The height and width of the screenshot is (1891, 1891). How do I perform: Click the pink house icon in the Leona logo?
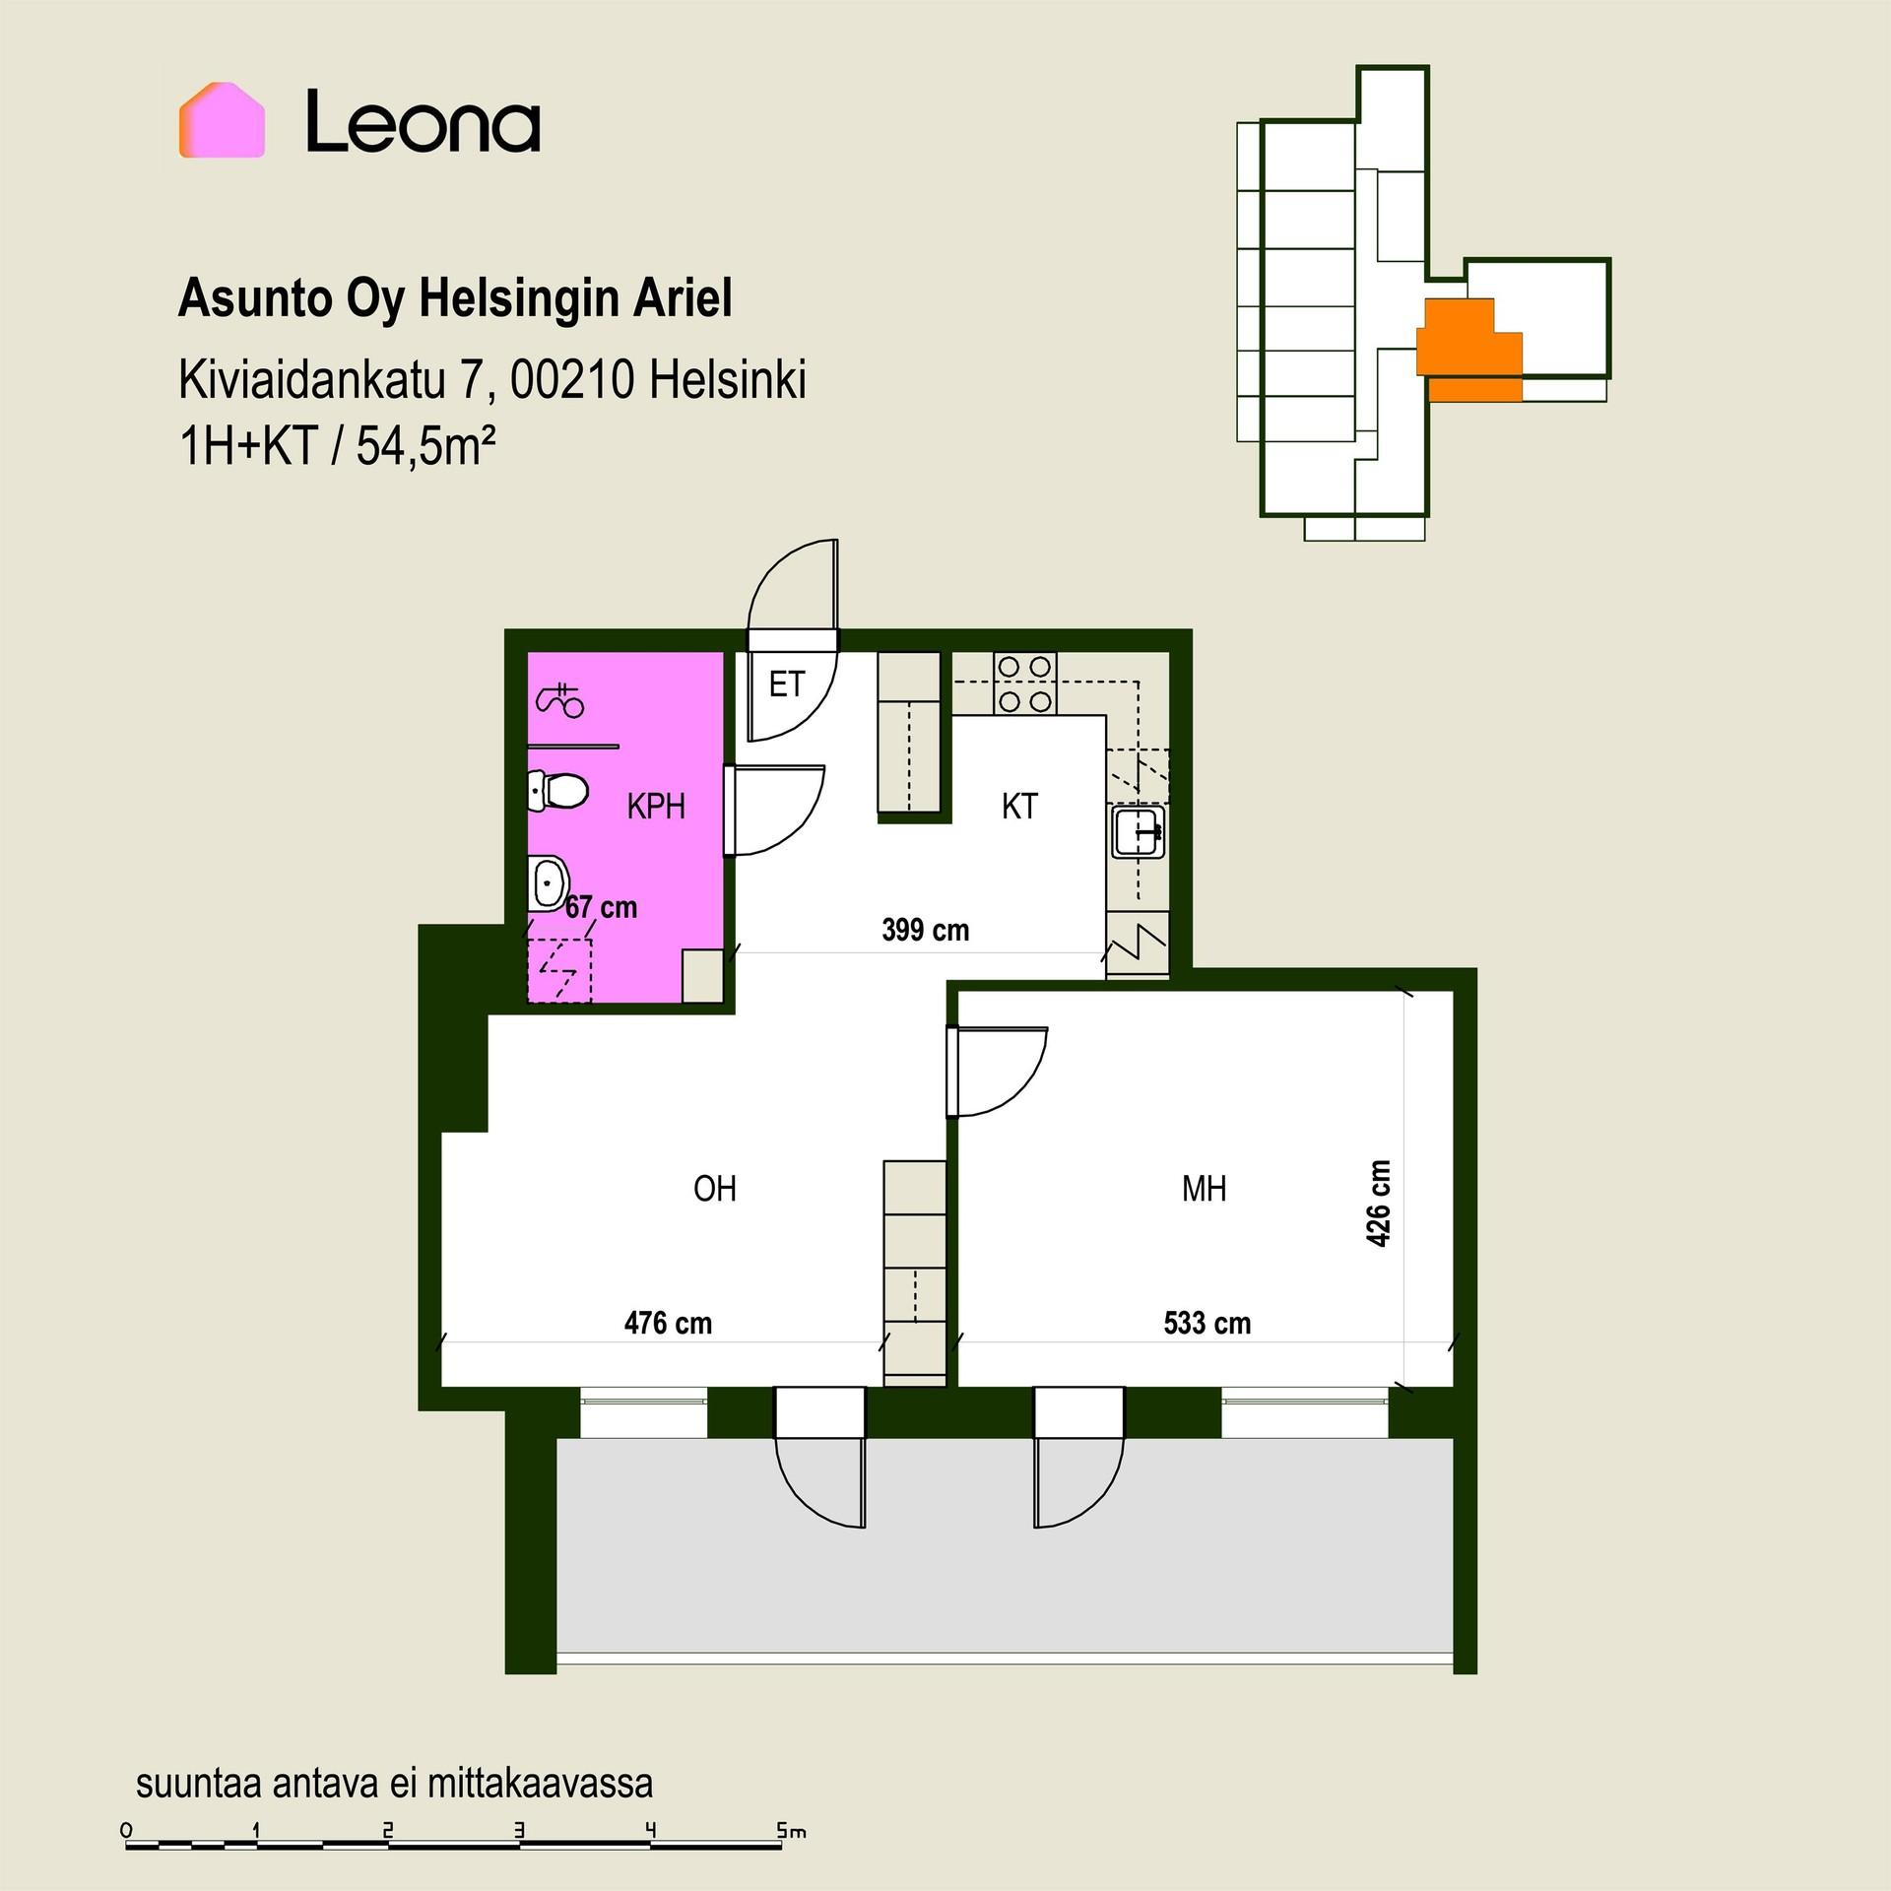tap(222, 120)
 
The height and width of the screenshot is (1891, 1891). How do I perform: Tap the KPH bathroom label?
tap(656, 807)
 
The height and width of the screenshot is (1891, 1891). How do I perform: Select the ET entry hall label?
tap(786, 684)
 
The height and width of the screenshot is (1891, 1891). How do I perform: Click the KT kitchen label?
tap(1019, 807)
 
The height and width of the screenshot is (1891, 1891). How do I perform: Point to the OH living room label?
tap(715, 1189)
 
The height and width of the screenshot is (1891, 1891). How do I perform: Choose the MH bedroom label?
tap(1204, 1189)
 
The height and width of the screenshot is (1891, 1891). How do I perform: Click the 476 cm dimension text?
tap(668, 1323)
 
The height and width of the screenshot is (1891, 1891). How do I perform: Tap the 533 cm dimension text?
tap(1207, 1323)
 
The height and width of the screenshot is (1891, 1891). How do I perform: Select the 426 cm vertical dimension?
tap(1379, 1204)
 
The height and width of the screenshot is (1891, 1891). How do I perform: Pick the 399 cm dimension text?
tap(926, 930)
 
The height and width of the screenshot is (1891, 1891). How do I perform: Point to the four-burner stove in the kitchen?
tap(1024, 684)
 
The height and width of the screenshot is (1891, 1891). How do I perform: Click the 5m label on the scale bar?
tap(791, 1831)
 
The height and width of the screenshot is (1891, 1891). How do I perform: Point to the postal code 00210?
tap(571, 380)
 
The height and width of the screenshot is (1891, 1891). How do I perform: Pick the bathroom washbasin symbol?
tap(548, 883)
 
